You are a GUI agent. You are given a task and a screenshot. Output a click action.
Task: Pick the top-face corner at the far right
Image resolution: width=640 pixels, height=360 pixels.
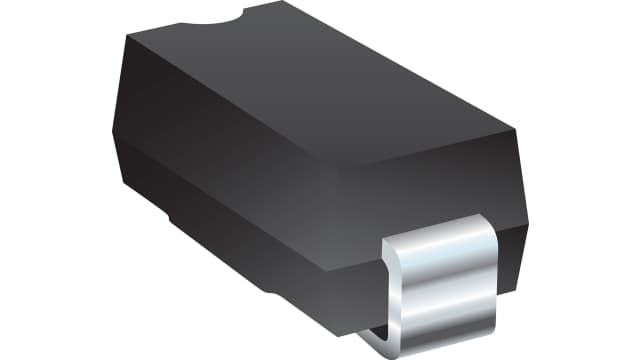tap(514, 129)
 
